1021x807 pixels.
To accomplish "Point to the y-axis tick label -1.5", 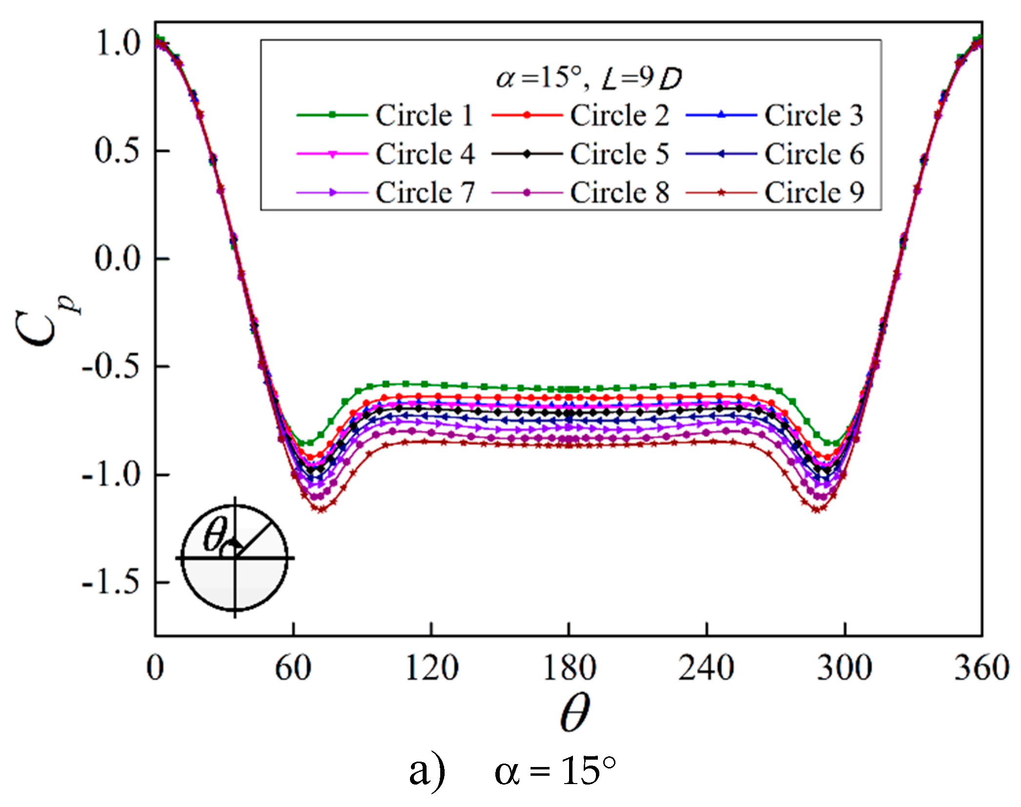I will point(111,582).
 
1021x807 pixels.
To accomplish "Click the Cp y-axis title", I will point(44,322).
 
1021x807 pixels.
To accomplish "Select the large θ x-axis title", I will point(574,713).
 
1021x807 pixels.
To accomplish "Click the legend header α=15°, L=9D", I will point(588,78).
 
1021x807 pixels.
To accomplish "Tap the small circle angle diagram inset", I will point(235,557).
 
